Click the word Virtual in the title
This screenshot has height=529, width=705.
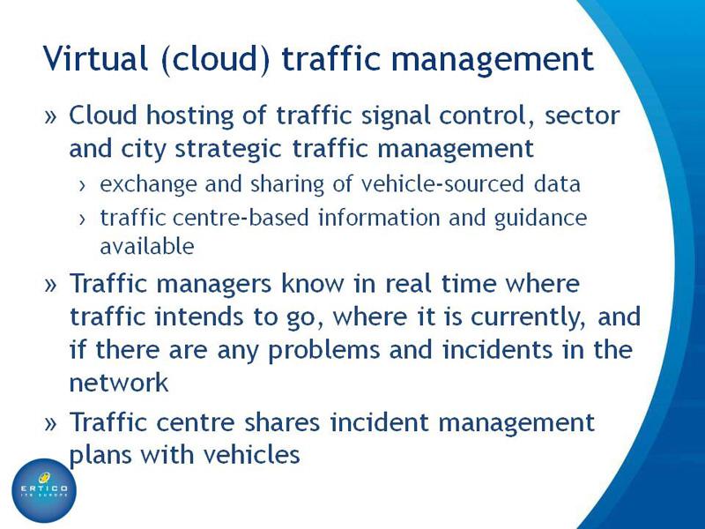pos(96,58)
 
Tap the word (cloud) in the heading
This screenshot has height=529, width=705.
pos(215,59)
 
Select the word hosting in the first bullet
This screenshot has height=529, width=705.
pos(190,115)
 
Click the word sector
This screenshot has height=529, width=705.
pos(583,115)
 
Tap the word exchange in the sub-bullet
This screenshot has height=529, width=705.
pos(148,184)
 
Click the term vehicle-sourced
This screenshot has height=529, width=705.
pos(442,184)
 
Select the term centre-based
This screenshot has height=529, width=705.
pos(241,218)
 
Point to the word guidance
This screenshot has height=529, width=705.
pos(540,219)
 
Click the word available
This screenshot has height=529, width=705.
pos(147,246)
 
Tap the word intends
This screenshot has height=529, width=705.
pos(199,317)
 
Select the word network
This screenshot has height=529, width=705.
pos(119,383)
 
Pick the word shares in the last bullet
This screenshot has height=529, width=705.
pos(282,423)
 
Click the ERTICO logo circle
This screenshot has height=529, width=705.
pos(43,491)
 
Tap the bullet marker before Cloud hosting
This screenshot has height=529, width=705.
pos(51,117)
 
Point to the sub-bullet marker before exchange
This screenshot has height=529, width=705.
pos(82,185)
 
